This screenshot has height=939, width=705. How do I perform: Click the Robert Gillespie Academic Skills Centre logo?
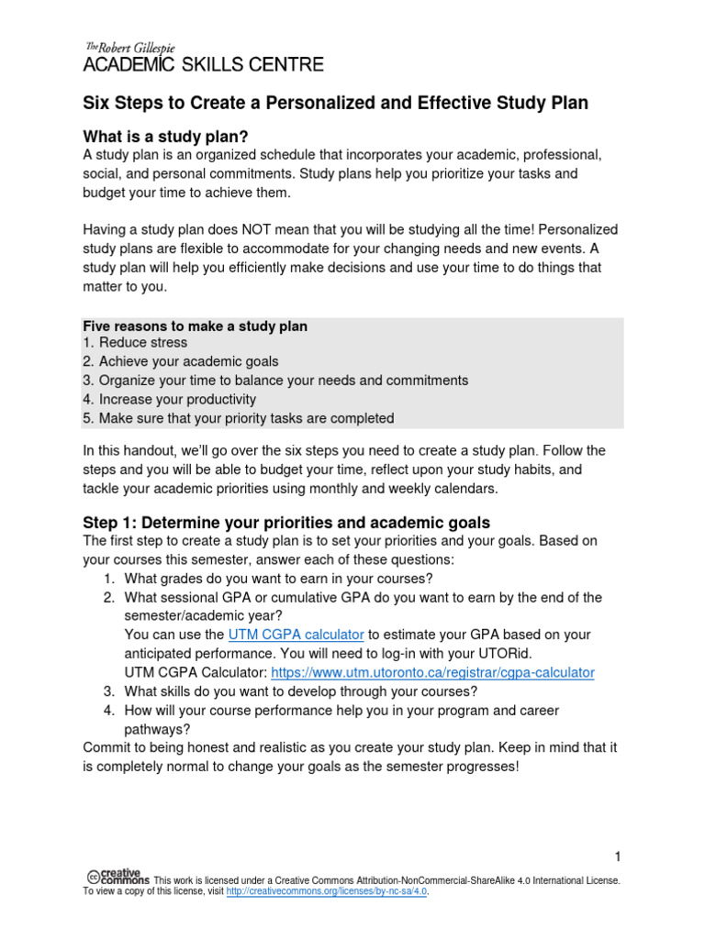[x=203, y=58]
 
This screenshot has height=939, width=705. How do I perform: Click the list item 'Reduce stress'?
[x=143, y=343]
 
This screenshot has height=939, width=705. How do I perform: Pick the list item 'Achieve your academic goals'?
[x=188, y=361]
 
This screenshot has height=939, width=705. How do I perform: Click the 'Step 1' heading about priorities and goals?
[x=286, y=522]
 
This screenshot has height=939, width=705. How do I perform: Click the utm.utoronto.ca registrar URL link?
[x=433, y=672]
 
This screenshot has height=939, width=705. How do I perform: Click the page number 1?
[x=619, y=856]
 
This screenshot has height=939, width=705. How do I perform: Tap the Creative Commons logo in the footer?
[x=118, y=877]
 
